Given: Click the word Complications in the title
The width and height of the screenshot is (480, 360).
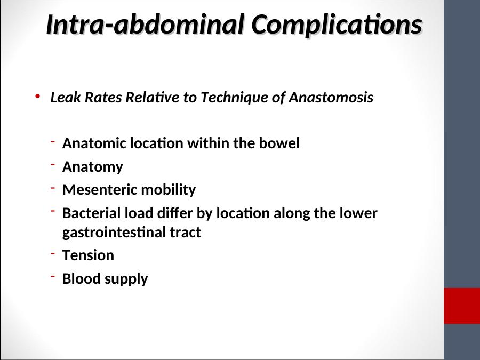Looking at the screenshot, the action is pos(337,25).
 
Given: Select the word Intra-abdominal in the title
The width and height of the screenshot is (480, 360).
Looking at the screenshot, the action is pos(145,24).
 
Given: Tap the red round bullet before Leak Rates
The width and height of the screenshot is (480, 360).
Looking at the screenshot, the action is pos(38,97).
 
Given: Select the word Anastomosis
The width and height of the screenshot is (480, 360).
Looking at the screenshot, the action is pos(331,97).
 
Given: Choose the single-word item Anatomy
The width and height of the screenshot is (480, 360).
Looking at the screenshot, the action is pos(93,167).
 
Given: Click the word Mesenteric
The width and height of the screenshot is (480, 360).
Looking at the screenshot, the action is pos(100,189).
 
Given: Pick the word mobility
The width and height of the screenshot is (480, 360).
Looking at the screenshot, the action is pos(169,190).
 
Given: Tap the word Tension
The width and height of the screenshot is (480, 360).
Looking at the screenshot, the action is pos(88,255).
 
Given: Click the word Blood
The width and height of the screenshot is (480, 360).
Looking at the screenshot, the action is pos(82,278).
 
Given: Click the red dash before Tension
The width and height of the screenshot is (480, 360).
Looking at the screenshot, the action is pos(53,253).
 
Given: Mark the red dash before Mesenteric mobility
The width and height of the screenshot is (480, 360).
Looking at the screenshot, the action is pos(53,187).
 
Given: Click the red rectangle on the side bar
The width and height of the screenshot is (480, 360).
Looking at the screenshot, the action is pos(462,306).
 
